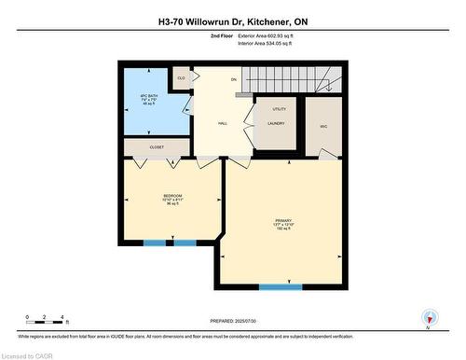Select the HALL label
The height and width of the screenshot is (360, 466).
click(x=223, y=122)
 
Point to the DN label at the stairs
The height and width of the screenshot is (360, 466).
click(x=234, y=79)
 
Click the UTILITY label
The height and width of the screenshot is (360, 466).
click(x=276, y=110)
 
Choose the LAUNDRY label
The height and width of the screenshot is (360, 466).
click(x=276, y=123)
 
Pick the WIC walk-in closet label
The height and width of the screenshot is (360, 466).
click(x=323, y=126)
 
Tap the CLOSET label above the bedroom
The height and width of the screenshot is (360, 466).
click(x=157, y=146)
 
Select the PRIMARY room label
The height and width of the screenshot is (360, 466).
click(x=283, y=221)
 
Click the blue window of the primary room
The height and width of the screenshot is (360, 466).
click(x=281, y=287)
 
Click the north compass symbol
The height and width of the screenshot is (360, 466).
click(x=429, y=318)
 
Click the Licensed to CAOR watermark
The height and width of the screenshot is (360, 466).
click(x=29, y=354)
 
